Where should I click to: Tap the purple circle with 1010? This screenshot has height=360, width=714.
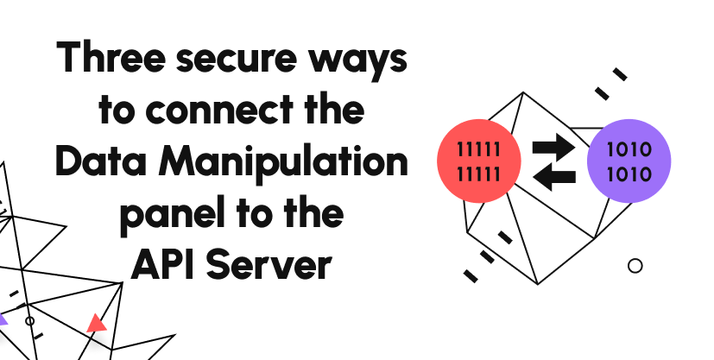click(629, 160)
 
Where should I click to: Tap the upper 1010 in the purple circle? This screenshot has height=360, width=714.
click(629, 149)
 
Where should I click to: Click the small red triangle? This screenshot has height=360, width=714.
click(97, 323)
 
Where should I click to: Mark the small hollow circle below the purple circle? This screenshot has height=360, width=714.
click(635, 266)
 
